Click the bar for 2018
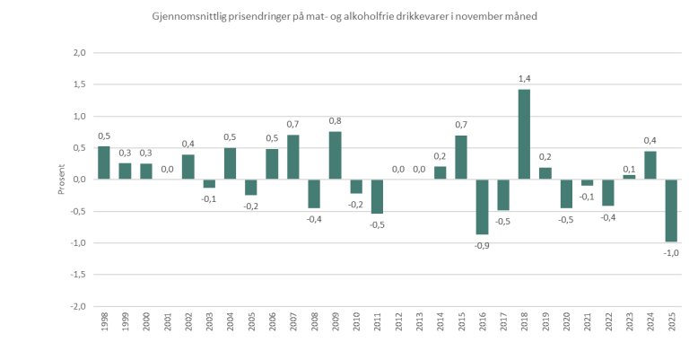click(x=524, y=135)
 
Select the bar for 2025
click(x=671, y=211)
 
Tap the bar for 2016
click(x=482, y=206)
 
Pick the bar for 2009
click(x=335, y=155)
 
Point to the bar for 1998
click(x=104, y=162)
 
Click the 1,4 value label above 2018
click(x=525, y=79)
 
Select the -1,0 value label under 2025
click(x=671, y=253)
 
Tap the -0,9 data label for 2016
click(x=483, y=246)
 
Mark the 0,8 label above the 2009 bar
click(x=335, y=120)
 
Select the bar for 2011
click(x=377, y=197)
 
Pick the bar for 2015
click(x=461, y=157)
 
